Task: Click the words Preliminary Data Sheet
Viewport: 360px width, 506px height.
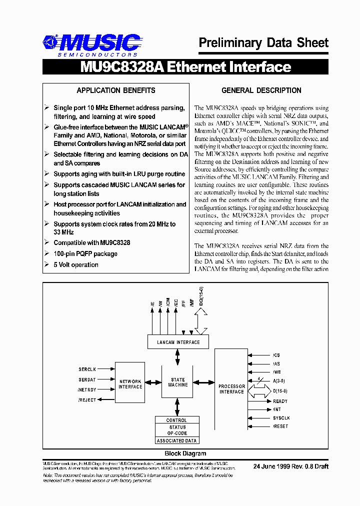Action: [x=263, y=43]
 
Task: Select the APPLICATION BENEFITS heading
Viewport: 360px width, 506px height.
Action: [x=115, y=90]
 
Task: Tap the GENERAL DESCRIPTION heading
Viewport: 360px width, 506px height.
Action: [x=261, y=90]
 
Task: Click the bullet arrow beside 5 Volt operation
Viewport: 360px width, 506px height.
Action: [x=46, y=264]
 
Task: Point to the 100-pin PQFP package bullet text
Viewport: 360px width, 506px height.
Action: [x=85, y=254]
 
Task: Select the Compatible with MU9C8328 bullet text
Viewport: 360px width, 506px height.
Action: [x=91, y=243]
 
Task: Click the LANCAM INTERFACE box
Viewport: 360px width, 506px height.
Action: [x=178, y=342]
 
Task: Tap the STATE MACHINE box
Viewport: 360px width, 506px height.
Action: [x=177, y=382]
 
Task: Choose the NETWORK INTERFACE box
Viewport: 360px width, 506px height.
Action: [x=130, y=384]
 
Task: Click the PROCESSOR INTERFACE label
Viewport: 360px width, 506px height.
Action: [x=231, y=389]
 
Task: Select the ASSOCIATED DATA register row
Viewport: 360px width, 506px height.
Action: [x=177, y=440]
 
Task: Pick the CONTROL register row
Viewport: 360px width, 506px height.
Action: [x=176, y=420]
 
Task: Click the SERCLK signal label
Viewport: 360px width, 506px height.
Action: [x=87, y=369]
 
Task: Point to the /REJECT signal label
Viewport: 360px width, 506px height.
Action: [x=87, y=399]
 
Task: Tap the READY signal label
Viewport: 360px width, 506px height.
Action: [x=280, y=401]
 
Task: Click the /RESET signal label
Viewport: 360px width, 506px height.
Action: [x=280, y=426]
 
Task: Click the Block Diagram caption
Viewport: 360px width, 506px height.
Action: [x=185, y=453]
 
